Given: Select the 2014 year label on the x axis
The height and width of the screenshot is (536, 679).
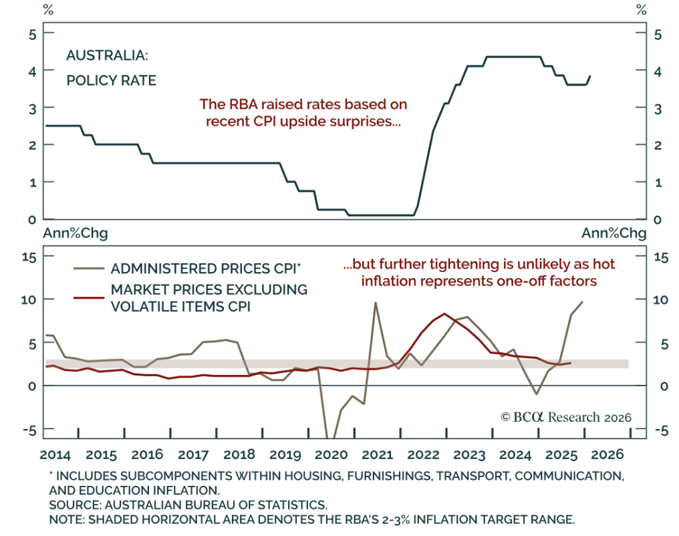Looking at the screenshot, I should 55,454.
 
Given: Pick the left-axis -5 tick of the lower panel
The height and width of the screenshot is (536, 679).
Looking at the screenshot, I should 29,430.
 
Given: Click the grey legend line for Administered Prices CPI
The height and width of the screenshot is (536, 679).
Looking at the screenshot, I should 89,269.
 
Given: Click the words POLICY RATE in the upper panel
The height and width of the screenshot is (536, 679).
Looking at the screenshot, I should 111,81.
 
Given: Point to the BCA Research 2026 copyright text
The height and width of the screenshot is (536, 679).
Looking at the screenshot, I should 565,417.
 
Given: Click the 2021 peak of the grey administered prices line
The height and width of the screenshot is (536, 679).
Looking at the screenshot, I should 376,303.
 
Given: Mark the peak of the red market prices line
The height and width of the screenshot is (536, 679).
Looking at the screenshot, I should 444,313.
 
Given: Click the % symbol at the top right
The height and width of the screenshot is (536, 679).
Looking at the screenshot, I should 642,10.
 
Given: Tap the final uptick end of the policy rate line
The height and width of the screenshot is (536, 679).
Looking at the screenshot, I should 590,76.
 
